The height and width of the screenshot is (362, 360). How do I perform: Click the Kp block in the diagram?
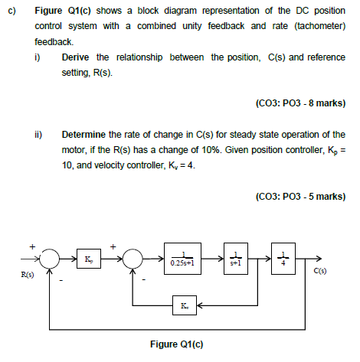tap(90, 260)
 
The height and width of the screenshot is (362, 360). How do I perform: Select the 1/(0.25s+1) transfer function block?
tap(185, 260)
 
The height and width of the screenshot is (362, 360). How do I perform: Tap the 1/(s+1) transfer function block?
tap(235, 260)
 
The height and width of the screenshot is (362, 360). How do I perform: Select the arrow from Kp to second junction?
tap(112, 260)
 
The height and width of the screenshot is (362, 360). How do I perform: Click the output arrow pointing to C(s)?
tap(304, 260)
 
